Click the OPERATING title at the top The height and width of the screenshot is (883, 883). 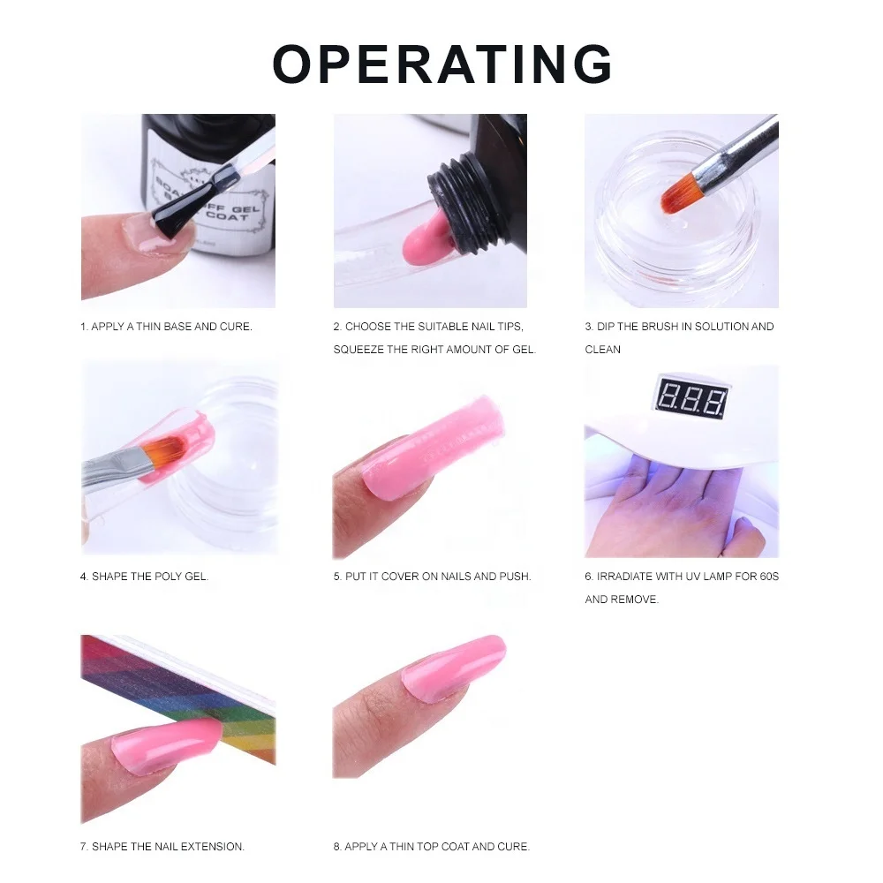coord(442,64)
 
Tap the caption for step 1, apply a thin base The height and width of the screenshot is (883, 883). coord(166,327)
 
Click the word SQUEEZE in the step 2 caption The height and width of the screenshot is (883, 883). coord(358,350)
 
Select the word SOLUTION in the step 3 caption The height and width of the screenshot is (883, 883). coord(722,327)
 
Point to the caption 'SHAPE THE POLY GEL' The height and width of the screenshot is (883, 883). coord(144,577)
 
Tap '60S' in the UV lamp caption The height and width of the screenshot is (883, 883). coord(767,577)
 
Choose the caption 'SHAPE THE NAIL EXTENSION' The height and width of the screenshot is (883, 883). coord(162,847)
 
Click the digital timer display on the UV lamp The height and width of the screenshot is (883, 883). coord(691,400)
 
